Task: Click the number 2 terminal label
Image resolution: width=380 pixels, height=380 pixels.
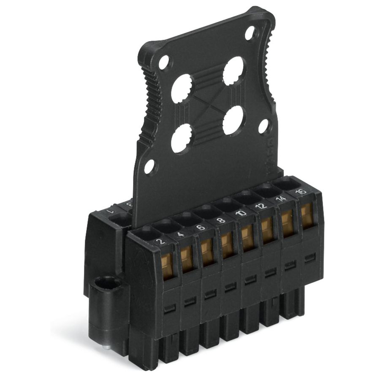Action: pos(160,242)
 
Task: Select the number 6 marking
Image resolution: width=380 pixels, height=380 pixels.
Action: pos(201,227)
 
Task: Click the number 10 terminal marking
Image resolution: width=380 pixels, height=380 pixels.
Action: pos(241,213)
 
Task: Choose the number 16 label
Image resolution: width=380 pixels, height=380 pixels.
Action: pos(301,192)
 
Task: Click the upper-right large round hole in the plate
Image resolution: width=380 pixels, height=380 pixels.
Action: pos(233,71)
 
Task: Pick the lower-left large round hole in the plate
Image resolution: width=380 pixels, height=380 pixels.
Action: pos(181,139)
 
